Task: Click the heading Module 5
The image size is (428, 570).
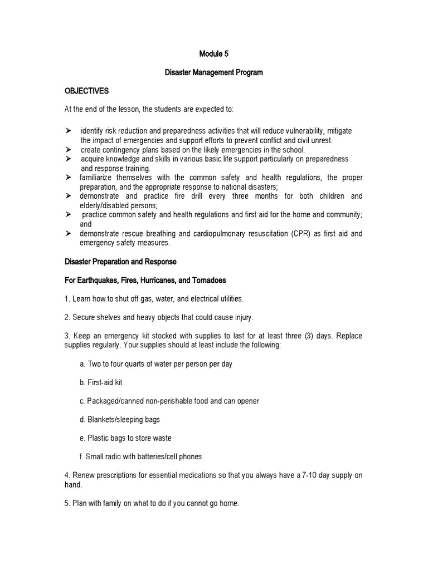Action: tap(214, 54)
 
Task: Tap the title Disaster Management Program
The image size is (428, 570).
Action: tap(214, 72)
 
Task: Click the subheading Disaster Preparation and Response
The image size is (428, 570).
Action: tap(120, 261)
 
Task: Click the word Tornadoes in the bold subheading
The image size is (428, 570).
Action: tap(207, 279)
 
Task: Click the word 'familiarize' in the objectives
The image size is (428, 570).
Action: tap(99, 178)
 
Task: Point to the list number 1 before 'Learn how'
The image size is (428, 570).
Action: tap(67, 299)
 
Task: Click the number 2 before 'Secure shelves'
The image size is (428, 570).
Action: tap(67, 318)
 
